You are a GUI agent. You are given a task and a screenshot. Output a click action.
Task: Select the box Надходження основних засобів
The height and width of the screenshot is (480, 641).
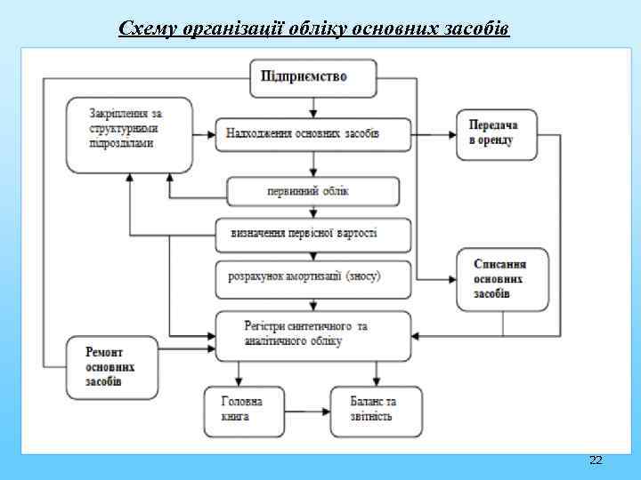(x=312, y=135)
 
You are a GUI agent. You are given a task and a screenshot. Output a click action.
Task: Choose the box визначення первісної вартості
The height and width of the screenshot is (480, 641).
(x=312, y=235)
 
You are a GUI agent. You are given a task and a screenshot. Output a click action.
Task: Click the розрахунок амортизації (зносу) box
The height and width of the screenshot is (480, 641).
(x=312, y=278)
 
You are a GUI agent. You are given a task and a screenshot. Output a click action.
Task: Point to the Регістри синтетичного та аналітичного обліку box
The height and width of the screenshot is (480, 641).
(x=312, y=335)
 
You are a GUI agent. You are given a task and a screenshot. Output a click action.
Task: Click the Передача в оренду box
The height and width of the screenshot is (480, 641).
(x=497, y=134)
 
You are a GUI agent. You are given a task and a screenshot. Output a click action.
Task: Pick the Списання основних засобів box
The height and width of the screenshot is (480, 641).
(x=502, y=279)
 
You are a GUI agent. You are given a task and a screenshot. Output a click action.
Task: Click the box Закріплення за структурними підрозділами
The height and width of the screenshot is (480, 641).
(x=129, y=134)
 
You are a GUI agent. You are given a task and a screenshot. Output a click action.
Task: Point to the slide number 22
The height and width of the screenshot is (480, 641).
(x=596, y=460)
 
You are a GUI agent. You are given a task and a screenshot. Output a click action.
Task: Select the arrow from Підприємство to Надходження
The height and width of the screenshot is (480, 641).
(x=312, y=108)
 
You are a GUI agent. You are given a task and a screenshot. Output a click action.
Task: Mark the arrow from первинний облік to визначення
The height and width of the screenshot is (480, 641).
(x=312, y=212)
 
